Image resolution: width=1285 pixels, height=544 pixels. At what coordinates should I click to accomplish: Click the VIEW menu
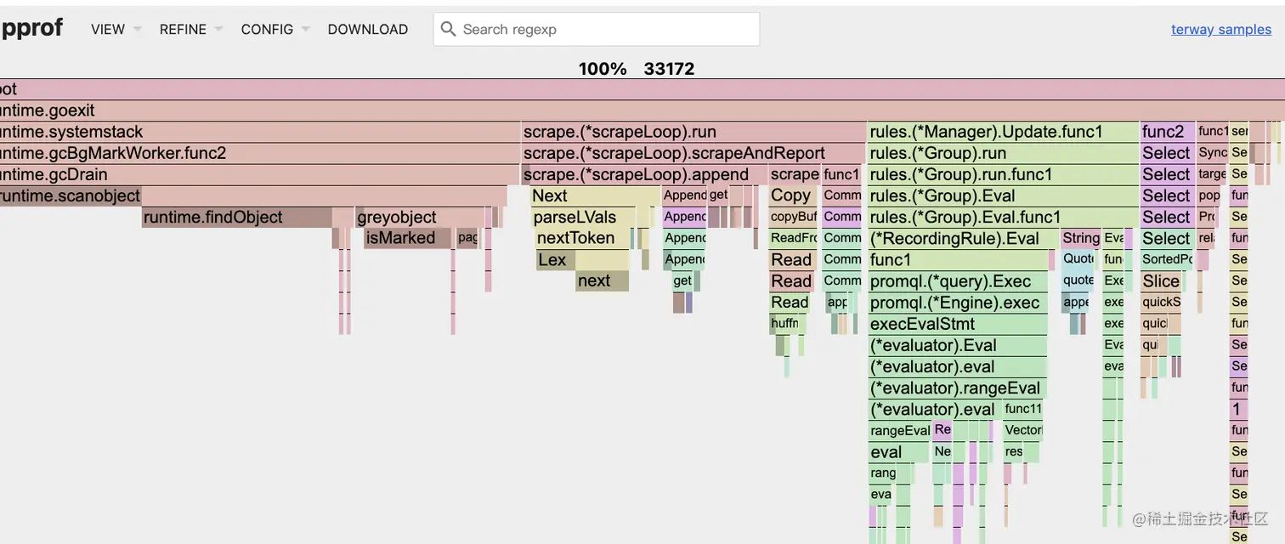tap(108, 29)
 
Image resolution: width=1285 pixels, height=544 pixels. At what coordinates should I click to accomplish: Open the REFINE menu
tap(183, 29)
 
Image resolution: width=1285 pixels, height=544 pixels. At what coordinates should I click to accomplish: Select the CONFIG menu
tap(267, 29)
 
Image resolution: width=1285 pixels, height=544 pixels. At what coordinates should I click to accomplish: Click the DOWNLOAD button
tap(367, 29)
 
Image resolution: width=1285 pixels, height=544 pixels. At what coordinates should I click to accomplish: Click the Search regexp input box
tap(603, 29)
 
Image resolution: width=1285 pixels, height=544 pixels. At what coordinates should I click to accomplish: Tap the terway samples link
tap(1220, 29)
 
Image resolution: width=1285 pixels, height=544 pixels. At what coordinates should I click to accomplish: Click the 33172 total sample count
tap(669, 69)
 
